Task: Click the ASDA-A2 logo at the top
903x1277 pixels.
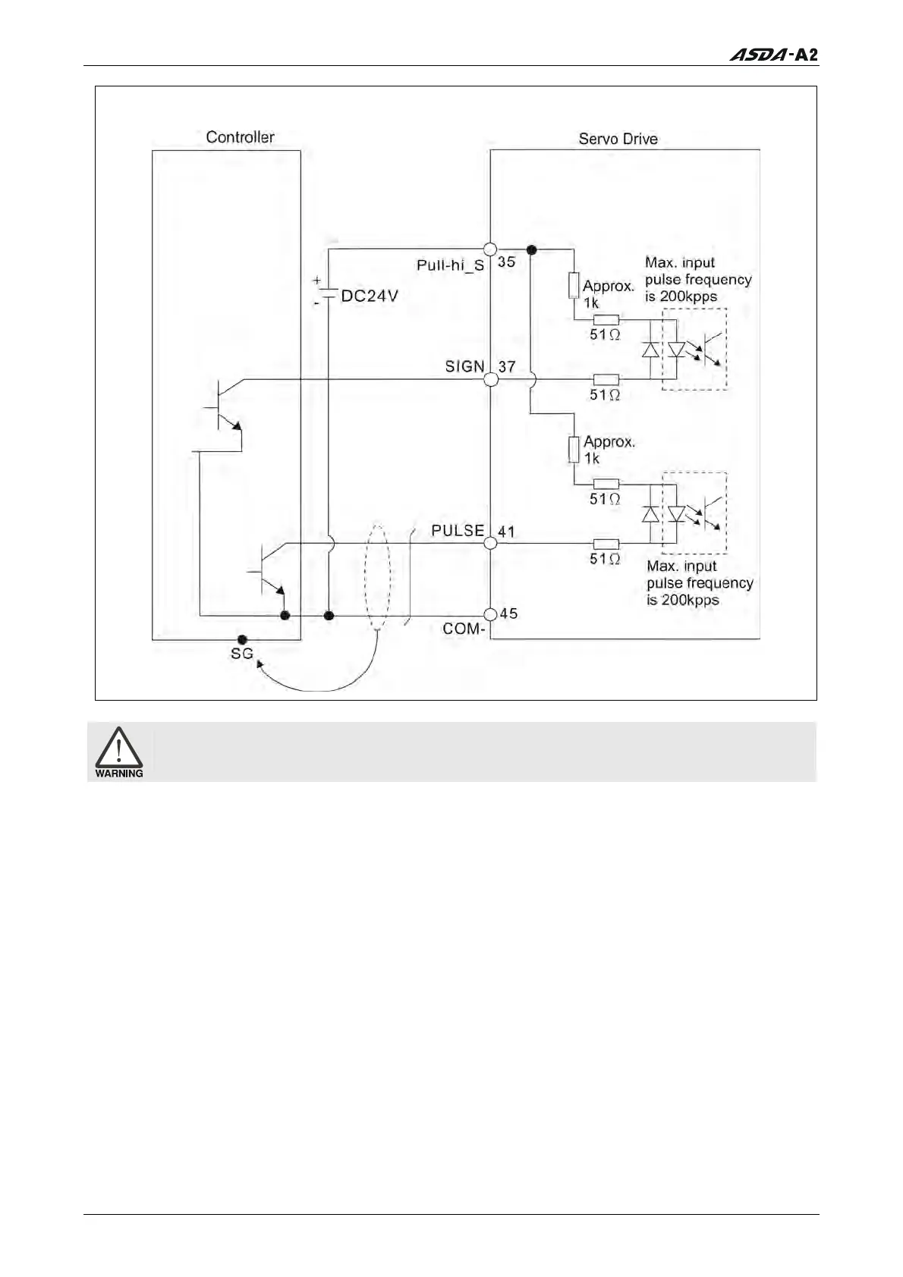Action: (774, 55)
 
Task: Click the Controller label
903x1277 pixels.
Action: (240, 137)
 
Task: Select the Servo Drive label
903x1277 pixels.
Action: (618, 139)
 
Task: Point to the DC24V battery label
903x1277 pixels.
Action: (369, 297)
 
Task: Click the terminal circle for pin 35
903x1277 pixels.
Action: (490, 249)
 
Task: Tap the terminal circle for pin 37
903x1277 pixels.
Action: (491, 378)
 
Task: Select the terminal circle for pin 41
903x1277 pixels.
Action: (490, 543)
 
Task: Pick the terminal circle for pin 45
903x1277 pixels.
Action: (490, 614)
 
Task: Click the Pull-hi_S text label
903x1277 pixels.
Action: (450, 265)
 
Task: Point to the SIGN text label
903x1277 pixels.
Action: (464, 366)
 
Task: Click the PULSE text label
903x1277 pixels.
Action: (458, 531)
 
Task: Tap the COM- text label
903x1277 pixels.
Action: (463, 629)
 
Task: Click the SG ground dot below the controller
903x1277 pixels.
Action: (242, 640)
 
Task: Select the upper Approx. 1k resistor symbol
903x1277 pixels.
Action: (574, 286)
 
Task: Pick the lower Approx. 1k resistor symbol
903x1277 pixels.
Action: (574, 449)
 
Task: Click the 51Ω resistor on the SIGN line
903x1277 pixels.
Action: (606, 379)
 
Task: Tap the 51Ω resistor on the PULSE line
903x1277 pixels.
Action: (606, 543)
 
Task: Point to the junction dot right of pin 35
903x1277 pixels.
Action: (532, 249)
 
